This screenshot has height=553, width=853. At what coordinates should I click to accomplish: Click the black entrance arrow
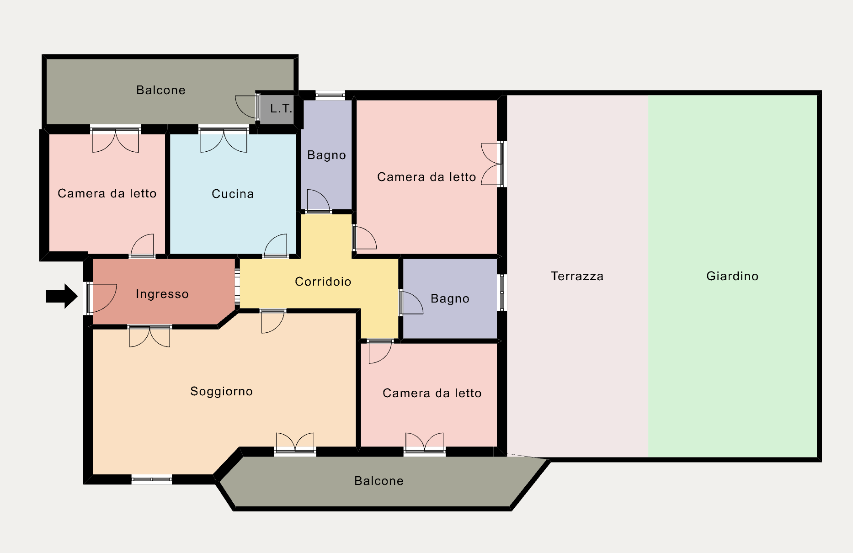pos(62,296)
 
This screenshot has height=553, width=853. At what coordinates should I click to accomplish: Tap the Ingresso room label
pos(162,294)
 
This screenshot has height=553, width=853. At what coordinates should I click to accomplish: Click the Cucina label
pos(233,194)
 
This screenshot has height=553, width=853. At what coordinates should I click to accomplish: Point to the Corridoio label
pos(323,282)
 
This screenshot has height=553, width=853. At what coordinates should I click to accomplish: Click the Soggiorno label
pos(222,391)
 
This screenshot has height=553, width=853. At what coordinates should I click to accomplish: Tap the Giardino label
pos(732,276)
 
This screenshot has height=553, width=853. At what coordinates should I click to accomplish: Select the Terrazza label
pos(577,276)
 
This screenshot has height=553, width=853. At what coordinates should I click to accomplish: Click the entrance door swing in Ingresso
pos(101,298)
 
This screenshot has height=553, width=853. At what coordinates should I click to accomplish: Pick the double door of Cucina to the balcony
pos(224,140)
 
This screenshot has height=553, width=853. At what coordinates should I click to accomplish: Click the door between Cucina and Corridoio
pos(276,246)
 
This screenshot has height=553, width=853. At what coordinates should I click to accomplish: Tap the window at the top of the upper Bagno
pos(330,95)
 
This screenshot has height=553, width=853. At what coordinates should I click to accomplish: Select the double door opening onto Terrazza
pos(492,164)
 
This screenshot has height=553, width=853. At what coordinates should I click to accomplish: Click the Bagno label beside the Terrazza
pos(450,298)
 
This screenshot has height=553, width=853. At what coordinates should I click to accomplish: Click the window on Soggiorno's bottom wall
pos(152,479)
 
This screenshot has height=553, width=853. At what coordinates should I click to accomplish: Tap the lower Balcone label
pos(379,481)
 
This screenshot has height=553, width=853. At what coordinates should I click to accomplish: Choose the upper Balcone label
pos(161,90)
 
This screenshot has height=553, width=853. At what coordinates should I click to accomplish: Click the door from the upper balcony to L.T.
pos(247,107)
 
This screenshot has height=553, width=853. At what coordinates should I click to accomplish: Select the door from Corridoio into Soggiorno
pos(273,321)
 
